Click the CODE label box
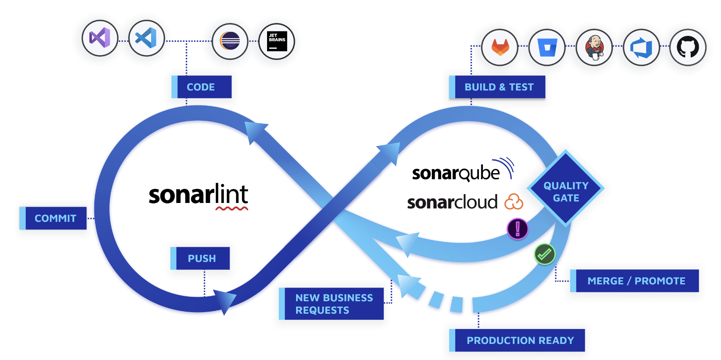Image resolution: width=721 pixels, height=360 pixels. coord(201,87)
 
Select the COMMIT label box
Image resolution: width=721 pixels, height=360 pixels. coord(53,218)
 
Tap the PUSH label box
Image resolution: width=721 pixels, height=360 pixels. coord(200,258)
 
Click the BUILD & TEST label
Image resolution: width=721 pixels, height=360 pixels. coord(497,87)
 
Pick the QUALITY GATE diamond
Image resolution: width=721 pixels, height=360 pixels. coord(566,188)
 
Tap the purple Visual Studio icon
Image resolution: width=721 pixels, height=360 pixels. coord(100,38)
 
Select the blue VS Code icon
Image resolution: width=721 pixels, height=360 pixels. coord(147,38)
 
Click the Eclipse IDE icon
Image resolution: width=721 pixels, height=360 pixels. coord(230,41)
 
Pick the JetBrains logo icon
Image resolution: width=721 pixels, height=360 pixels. coord(277,41)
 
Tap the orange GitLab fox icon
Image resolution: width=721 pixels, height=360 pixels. coord(500,47)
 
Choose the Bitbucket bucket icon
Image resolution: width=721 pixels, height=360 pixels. coord(547,47)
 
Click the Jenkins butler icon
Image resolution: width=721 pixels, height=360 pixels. coord(594,47)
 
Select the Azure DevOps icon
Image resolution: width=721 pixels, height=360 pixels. coord(641,47)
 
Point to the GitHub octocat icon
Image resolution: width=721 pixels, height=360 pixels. coord(688,47)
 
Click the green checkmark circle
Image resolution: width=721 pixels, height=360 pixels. coord(545,254)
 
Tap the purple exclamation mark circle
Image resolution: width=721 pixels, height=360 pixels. coord(518,229)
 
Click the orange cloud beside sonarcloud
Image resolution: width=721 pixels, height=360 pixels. coord(514,202)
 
